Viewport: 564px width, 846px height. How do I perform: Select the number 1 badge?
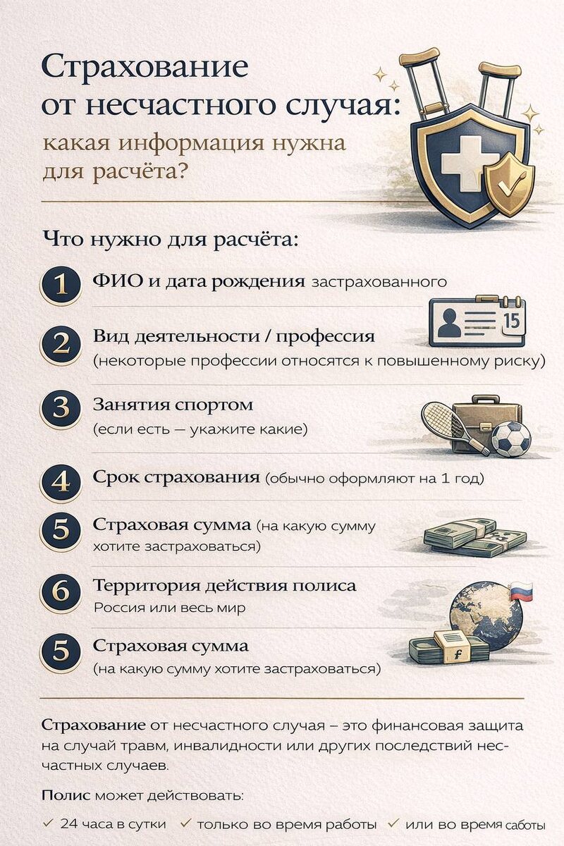tap(61, 284)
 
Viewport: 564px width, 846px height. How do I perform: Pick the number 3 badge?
tap(61, 408)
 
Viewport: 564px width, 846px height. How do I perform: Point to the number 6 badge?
tap(61, 591)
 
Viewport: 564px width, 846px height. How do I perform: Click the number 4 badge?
tap(61, 482)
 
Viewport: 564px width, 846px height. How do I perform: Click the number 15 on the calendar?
tap(512, 321)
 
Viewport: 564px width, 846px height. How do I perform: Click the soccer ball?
tap(511, 439)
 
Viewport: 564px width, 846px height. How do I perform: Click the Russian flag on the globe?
tap(521, 591)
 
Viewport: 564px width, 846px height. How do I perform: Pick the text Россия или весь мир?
tap(170, 608)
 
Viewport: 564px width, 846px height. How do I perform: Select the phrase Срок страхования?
tap(176, 477)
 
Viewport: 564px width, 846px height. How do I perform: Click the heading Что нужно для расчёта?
tap(171, 240)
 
